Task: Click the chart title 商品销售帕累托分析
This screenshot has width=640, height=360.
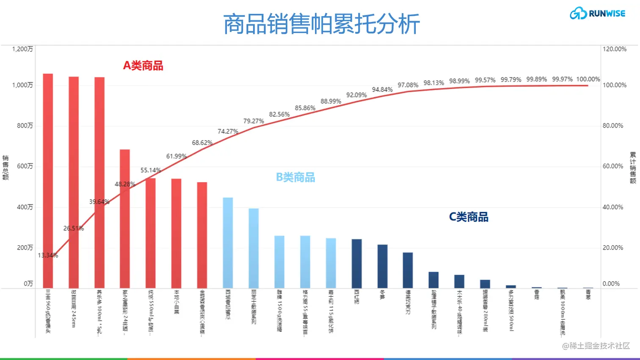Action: [321, 24]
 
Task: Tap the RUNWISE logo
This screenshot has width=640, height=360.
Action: [597, 14]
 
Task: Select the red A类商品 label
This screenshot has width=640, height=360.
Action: [143, 66]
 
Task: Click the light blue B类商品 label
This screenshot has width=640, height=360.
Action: [295, 177]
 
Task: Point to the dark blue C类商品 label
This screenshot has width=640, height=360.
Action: [469, 217]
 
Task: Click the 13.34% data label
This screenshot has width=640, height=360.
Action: [48, 255]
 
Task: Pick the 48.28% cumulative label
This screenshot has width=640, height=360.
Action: [125, 184]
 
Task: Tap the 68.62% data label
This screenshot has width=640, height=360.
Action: [202, 143]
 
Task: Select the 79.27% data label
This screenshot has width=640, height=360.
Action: [254, 121]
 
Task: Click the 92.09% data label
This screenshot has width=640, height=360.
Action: [356, 95]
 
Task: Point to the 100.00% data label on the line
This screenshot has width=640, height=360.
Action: [588, 79]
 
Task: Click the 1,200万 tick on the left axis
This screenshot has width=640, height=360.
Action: [22, 49]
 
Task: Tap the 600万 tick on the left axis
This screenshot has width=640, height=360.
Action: [25, 166]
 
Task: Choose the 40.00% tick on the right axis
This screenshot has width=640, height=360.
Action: [613, 207]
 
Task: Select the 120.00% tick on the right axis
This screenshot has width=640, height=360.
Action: [615, 49]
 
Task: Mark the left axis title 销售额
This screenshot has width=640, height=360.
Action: [6, 168]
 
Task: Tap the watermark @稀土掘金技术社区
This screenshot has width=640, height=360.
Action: [596, 346]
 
